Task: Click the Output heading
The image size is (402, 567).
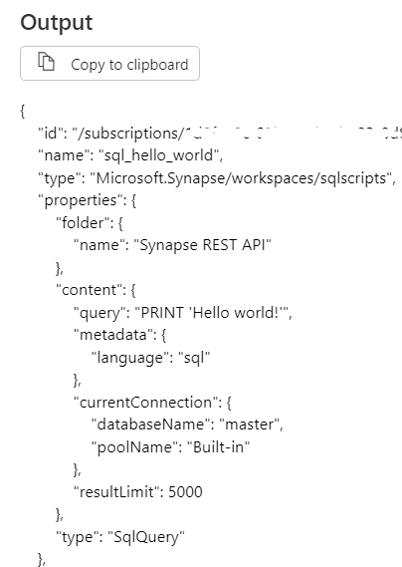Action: [x=56, y=22]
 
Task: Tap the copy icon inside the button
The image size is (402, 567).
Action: [x=46, y=64]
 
